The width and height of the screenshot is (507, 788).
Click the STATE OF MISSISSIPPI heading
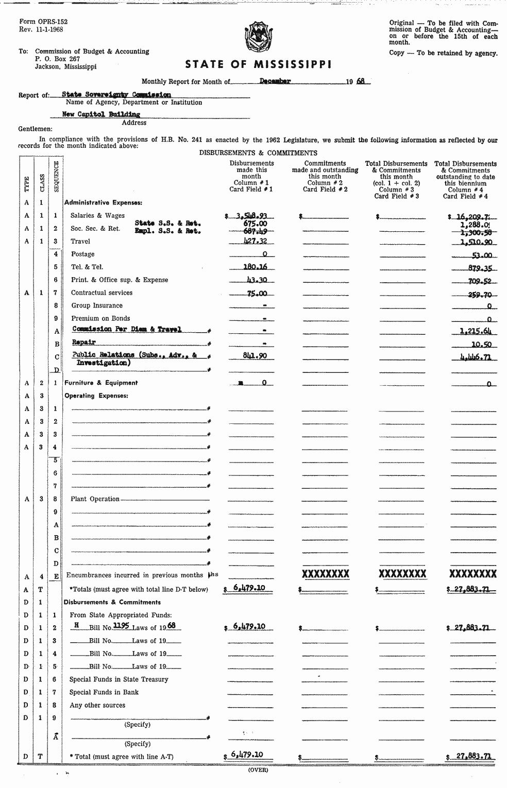tap(258, 64)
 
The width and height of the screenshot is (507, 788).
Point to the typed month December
tap(275, 81)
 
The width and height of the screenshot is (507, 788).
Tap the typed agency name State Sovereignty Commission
tap(116, 95)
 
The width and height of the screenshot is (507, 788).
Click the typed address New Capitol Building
tap(101, 114)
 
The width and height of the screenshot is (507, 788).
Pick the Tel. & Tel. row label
tap(87, 267)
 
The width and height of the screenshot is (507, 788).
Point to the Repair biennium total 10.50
tap(481, 344)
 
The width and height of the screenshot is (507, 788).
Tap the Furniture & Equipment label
tap(101, 383)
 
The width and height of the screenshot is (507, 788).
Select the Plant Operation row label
tap(95, 499)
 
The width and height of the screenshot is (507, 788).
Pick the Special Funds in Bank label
tap(104, 692)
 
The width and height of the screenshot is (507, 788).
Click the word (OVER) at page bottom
tap(258, 770)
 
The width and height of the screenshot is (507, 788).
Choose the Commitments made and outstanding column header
tap(325, 170)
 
